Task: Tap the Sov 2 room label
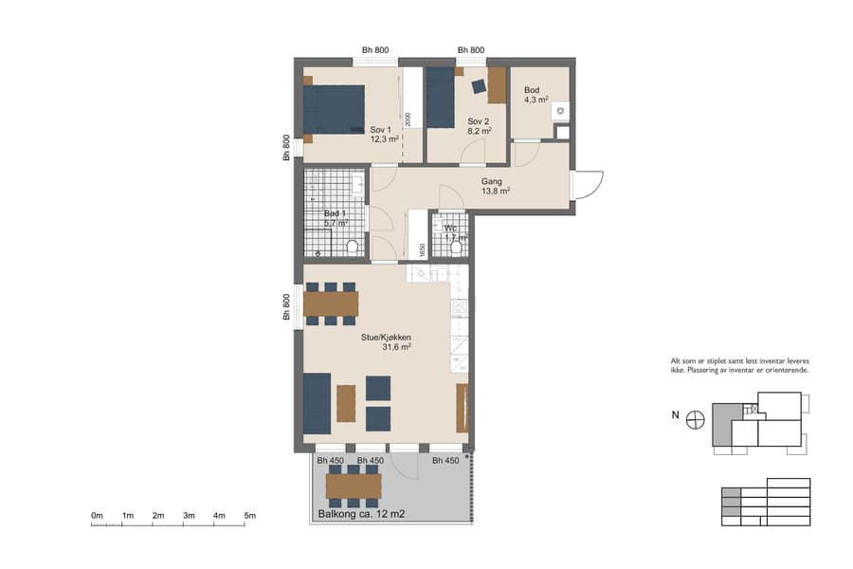pyautogui.click(x=479, y=126)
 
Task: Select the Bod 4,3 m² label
pyautogui.click(x=536, y=95)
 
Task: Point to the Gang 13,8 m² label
pyautogui.click(x=495, y=186)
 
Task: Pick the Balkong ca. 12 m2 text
pyautogui.click(x=361, y=515)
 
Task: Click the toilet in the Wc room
pyautogui.click(x=456, y=247)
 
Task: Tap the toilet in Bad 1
pyautogui.click(x=353, y=247)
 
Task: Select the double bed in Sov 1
pyautogui.click(x=335, y=110)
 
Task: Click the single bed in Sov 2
pyautogui.click(x=441, y=97)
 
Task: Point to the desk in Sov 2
pyautogui.click(x=498, y=85)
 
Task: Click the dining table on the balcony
pyautogui.click(x=353, y=486)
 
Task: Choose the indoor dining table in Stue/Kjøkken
pyautogui.click(x=331, y=303)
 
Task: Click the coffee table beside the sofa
pyautogui.click(x=346, y=402)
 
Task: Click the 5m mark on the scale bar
pyautogui.click(x=250, y=516)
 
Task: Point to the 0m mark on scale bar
pyautogui.click(x=97, y=516)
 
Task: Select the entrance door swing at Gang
pyautogui.click(x=588, y=184)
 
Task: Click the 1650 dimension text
pyautogui.click(x=421, y=249)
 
